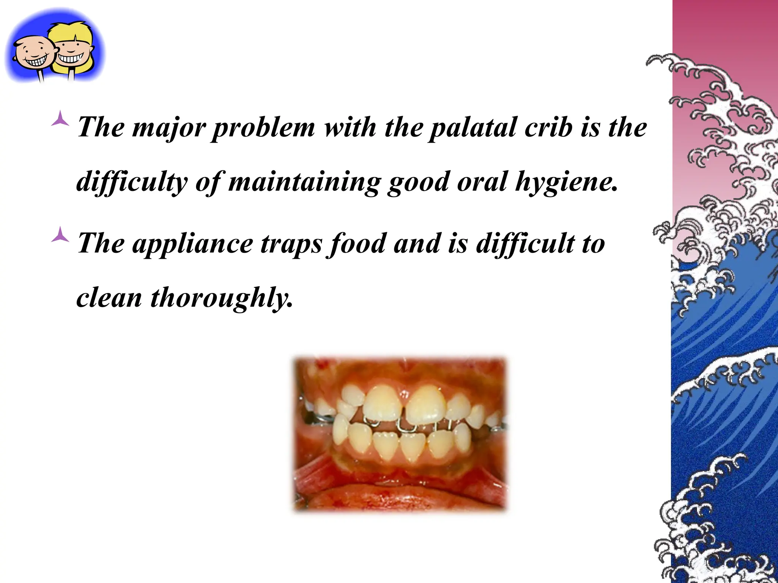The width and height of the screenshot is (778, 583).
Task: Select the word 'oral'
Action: click(x=482, y=182)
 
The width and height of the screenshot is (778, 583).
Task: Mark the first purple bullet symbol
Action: click(x=60, y=119)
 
